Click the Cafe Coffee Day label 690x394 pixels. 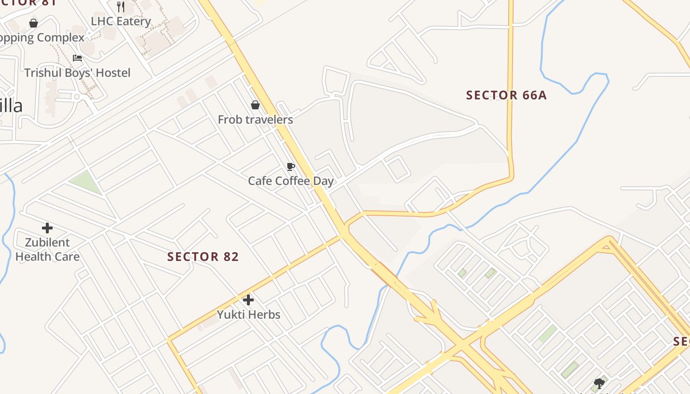[291, 181]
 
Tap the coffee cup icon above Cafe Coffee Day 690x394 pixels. [291, 166]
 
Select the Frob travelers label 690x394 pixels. [255, 120]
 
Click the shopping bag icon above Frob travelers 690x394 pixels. [255, 105]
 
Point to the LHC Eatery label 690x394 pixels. [121, 22]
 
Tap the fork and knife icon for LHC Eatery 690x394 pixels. [121, 7]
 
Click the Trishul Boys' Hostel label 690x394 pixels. [77, 73]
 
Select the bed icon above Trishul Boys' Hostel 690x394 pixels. [77, 58]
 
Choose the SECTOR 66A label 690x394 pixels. [506, 95]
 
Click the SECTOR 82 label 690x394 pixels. [203, 257]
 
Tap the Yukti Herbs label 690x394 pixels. [248, 315]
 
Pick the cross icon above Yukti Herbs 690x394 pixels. [248, 299]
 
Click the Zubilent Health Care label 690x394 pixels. [47, 249]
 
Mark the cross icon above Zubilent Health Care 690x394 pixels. [47, 228]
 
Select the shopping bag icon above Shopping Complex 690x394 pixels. [34, 23]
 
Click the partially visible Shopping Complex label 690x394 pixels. [42, 38]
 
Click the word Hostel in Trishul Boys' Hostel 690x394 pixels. [113, 73]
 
